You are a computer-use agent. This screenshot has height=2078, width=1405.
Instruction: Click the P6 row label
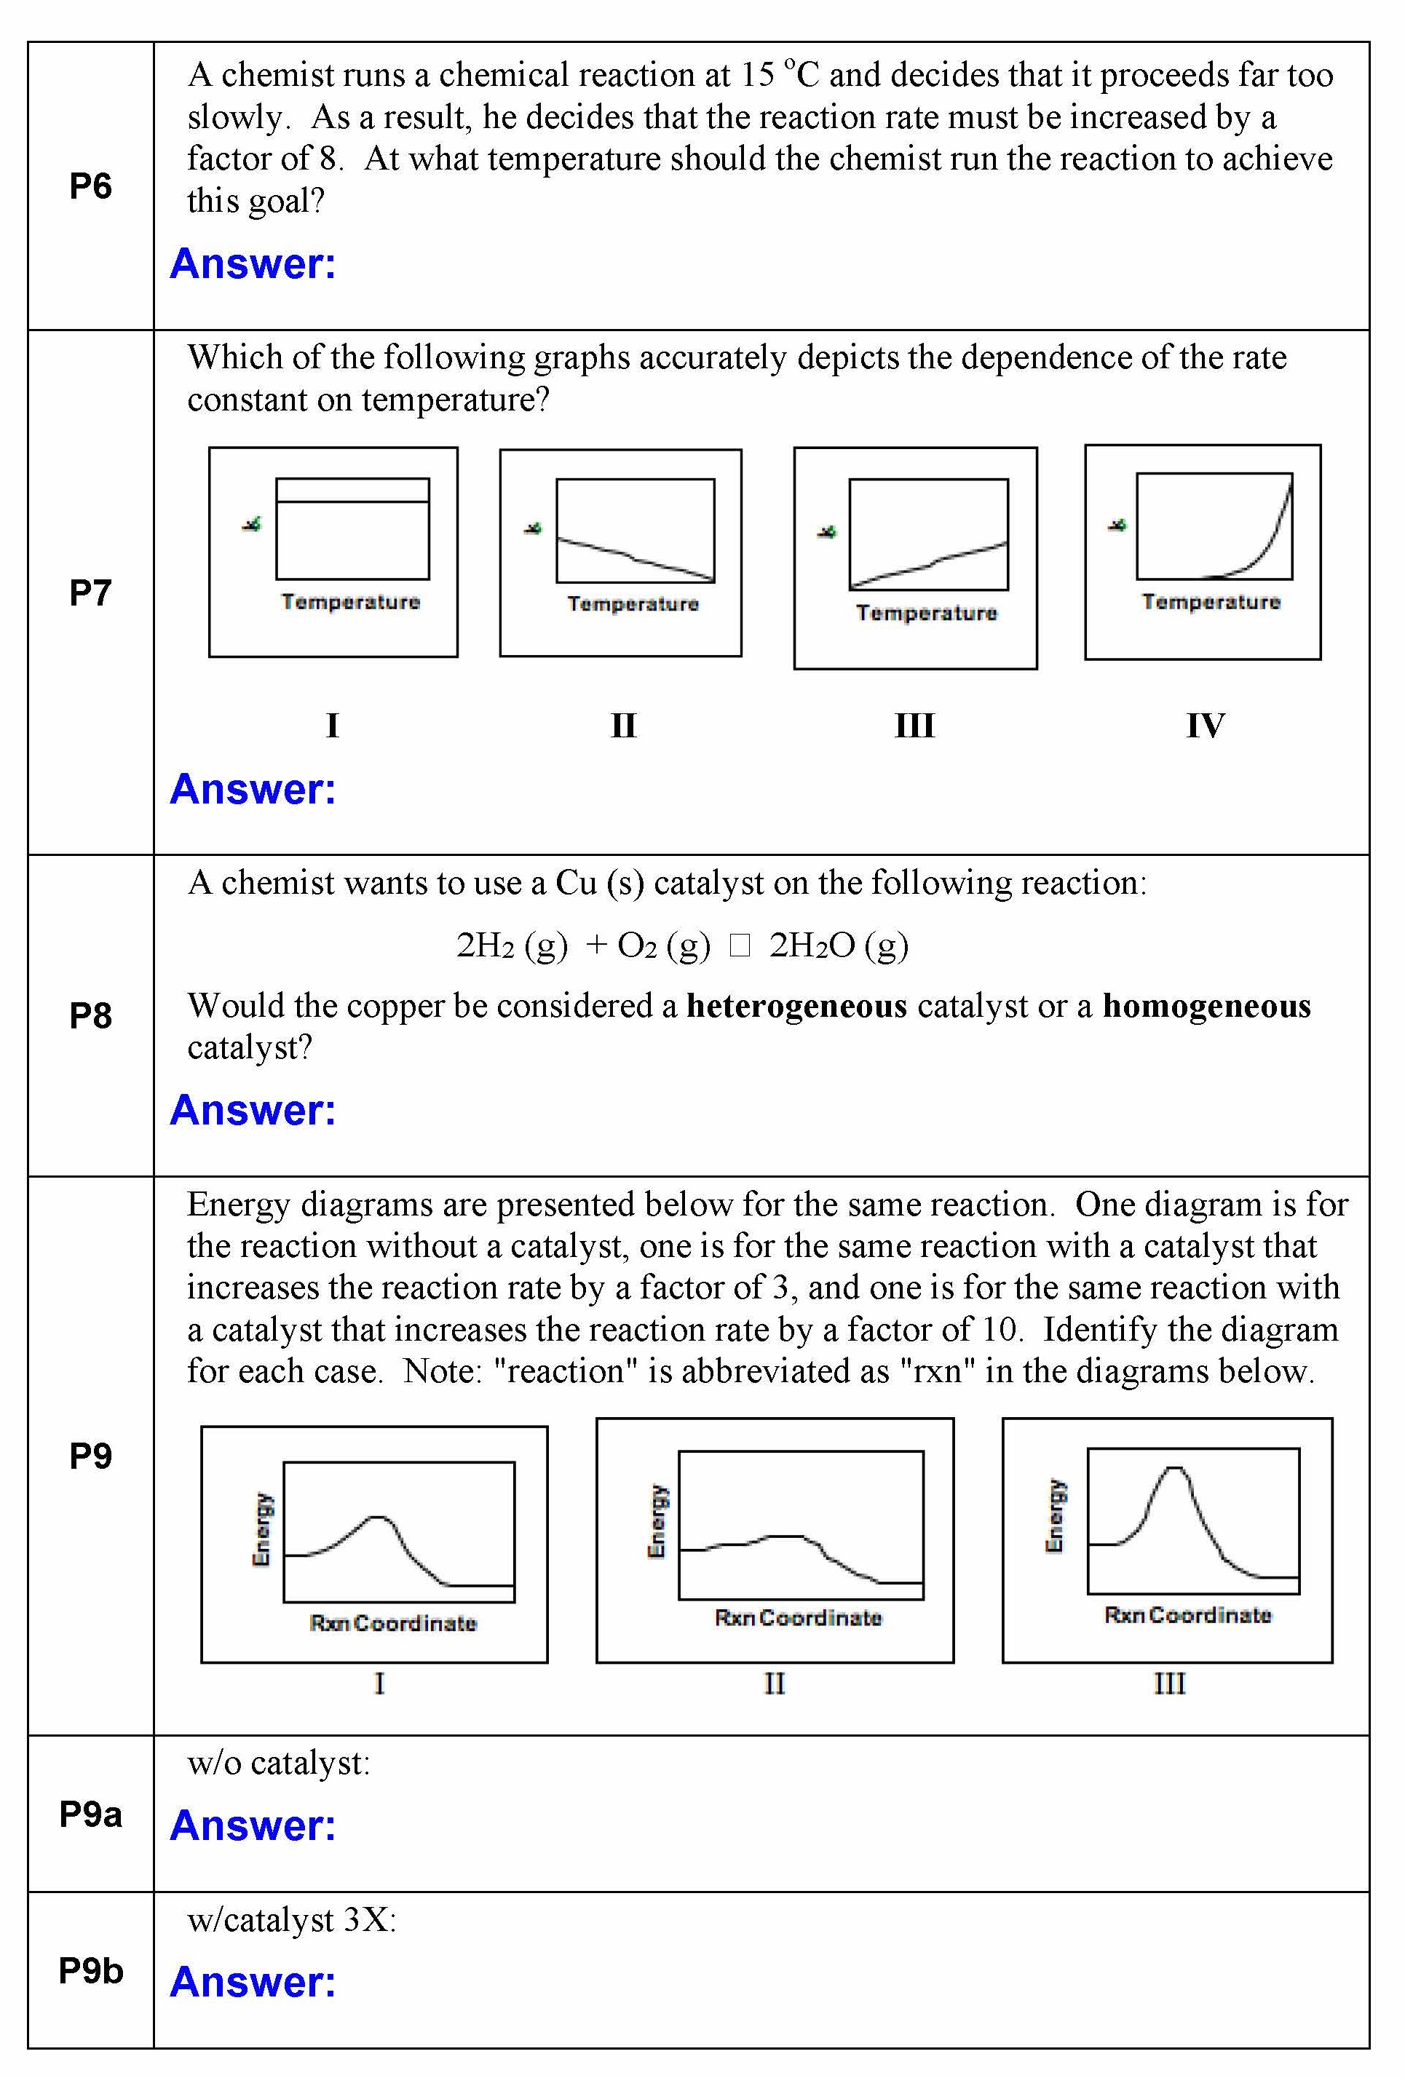[90, 186]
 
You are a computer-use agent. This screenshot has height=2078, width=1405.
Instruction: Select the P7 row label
[90, 592]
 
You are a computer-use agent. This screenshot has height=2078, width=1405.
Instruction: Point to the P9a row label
[90, 1815]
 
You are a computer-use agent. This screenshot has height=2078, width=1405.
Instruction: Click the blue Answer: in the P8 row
[253, 1110]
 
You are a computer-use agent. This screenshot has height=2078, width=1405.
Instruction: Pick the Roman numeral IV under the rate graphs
[1205, 725]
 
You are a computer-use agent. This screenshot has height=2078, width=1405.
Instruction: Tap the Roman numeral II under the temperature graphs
[623, 725]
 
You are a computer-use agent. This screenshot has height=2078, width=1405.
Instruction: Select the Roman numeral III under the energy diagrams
[1169, 1684]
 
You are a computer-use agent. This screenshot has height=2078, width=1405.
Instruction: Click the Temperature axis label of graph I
[351, 602]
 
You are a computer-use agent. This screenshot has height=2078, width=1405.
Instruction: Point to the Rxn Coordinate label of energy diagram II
[798, 1617]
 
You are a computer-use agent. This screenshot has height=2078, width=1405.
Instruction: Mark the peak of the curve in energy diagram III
[1175, 1468]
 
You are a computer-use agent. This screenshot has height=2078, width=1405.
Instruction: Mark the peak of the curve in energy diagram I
[379, 1518]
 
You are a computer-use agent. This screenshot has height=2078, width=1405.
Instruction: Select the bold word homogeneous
[1206, 1006]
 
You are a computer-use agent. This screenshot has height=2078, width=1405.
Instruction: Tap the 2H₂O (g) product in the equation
[838, 945]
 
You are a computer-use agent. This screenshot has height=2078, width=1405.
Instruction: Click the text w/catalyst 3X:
[291, 1920]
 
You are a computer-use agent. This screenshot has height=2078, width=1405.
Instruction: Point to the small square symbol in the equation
[740, 945]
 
